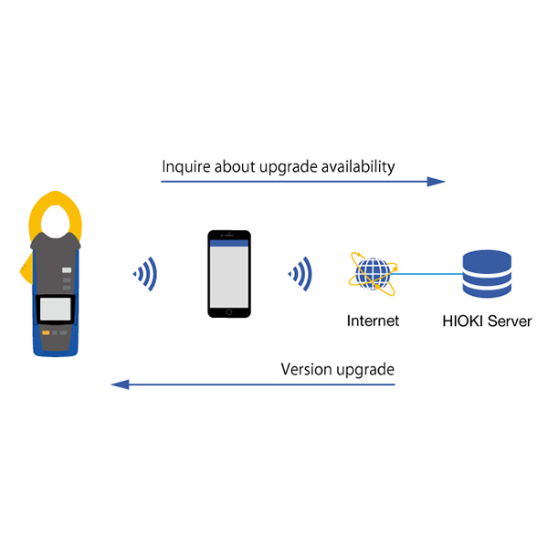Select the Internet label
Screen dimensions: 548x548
tap(373, 321)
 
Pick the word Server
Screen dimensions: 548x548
tap(507, 321)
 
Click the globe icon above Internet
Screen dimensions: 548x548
tap(373, 273)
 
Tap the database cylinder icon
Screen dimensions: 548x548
tap(486, 273)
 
